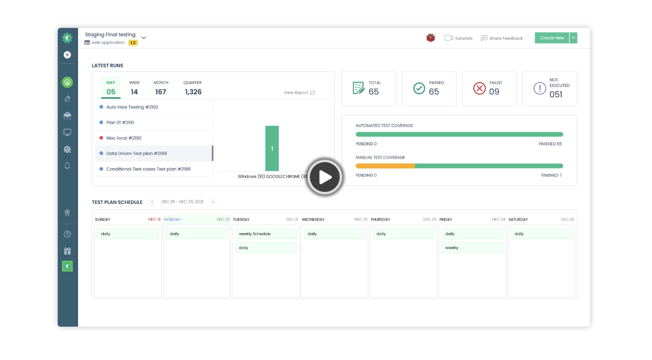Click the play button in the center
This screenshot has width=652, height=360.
(325, 177)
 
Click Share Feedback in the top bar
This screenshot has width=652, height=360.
(502, 38)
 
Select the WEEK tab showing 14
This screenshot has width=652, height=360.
(134, 88)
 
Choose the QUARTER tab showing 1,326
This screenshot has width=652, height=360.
(193, 88)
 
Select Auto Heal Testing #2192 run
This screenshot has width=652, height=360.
(132, 107)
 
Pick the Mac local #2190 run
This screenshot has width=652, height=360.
(123, 138)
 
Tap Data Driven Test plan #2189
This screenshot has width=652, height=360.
(136, 153)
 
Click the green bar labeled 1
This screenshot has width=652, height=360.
(272, 148)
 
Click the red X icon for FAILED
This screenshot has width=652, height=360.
(480, 88)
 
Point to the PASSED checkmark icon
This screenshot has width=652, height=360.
(419, 88)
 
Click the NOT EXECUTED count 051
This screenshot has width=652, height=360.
(555, 94)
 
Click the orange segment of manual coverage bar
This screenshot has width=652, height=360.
(385, 166)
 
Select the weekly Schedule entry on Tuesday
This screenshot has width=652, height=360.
(265, 234)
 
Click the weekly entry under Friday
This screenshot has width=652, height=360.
(471, 247)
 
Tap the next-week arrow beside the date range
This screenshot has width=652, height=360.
(213, 202)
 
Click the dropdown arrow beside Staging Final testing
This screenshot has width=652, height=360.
(144, 38)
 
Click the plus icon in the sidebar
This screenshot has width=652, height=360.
(67, 55)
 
